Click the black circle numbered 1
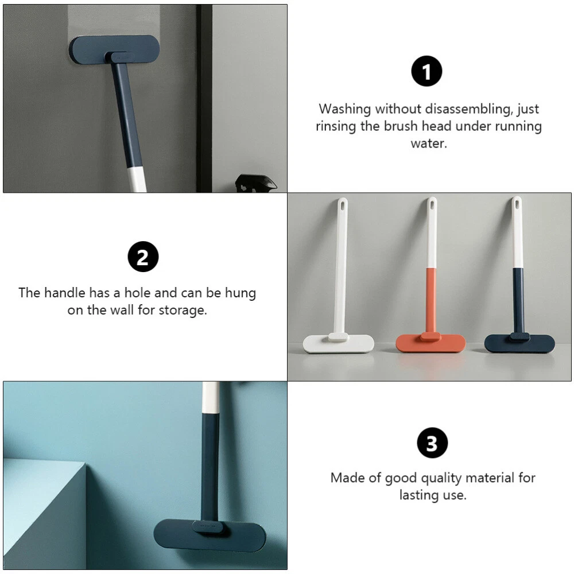[x=426, y=71]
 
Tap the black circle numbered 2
[x=143, y=257]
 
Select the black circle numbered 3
[x=432, y=443]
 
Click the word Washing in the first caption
[x=345, y=108]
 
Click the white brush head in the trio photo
[x=338, y=343]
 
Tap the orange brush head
[x=430, y=343]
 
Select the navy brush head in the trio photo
[x=519, y=343]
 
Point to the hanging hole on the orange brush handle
[x=432, y=204]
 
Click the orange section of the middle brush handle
[x=431, y=301]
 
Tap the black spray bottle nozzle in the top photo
[x=255, y=183]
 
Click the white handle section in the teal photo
[x=211, y=397]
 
